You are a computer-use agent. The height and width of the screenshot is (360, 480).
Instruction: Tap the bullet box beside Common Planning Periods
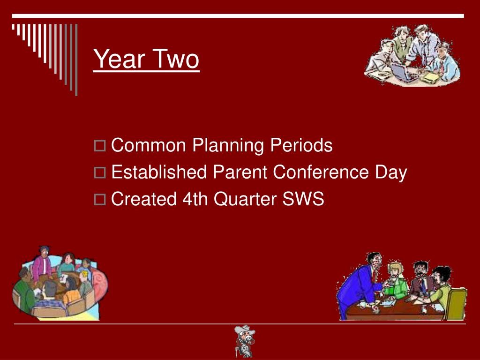point(100,146)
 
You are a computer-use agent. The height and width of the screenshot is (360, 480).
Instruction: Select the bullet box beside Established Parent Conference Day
point(100,172)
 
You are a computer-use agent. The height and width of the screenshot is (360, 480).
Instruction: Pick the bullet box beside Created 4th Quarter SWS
point(100,200)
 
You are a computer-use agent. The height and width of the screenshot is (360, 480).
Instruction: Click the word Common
point(149,145)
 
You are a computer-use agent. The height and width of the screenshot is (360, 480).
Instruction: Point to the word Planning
point(228,146)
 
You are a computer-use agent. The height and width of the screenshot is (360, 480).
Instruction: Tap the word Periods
point(301,145)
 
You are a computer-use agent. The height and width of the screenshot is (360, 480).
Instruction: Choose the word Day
point(391,172)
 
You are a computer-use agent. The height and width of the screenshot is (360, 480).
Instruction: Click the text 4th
point(195,199)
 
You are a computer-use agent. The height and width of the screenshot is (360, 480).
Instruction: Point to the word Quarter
point(245,199)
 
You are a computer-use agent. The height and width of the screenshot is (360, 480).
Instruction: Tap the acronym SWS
point(303,199)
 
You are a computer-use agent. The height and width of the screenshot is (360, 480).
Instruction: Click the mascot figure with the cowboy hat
point(244,341)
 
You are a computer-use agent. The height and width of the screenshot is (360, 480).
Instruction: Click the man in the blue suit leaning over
point(360,285)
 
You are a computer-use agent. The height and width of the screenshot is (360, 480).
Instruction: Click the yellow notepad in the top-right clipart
point(431,78)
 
